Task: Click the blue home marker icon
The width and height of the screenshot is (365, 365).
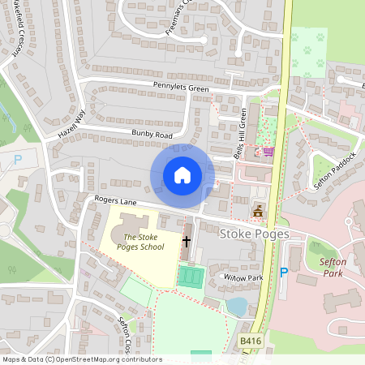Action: click(x=182, y=175)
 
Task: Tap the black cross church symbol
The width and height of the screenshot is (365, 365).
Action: click(x=187, y=241)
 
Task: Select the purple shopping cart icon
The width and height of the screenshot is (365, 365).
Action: click(x=268, y=151)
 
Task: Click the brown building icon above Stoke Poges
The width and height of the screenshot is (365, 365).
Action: click(x=259, y=212)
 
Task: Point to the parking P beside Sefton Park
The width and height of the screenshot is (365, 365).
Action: click(x=284, y=273)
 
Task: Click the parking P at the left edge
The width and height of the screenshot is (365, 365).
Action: click(x=18, y=161)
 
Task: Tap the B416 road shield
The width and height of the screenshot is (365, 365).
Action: click(x=251, y=343)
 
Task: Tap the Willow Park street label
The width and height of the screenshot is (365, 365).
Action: click(x=221, y=278)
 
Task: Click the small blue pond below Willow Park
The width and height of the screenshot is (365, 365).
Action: click(x=237, y=306)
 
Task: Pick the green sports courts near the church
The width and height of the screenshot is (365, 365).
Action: click(x=191, y=277)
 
